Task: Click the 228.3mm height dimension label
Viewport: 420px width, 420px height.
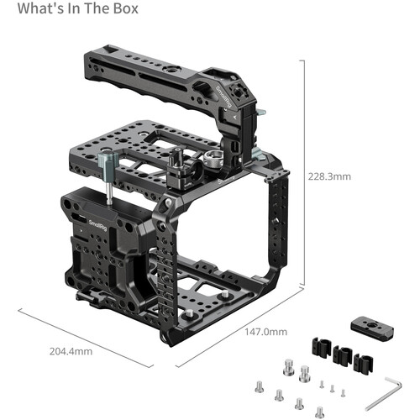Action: coord(329,176)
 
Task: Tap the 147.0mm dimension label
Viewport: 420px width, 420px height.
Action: coord(266,332)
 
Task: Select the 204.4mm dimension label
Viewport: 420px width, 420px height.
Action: coord(71,351)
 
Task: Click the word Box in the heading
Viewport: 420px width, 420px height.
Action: coord(126,8)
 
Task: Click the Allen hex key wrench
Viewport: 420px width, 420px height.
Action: coord(384,394)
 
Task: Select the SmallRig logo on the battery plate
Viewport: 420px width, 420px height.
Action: coord(97,225)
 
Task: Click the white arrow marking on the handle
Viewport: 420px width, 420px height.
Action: coord(234,117)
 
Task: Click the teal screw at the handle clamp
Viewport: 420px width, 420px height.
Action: coord(261,113)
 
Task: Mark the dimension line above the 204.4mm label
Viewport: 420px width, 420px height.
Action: coord(86,338)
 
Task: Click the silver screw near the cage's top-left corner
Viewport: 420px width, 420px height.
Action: coord(168,202)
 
